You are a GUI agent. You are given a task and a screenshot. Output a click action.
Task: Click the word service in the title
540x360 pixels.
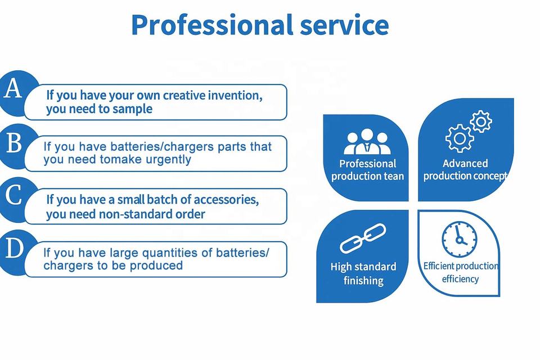344,25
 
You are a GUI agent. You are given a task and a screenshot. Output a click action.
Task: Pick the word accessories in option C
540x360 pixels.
226,200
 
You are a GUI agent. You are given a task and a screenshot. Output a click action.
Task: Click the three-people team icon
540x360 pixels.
367,142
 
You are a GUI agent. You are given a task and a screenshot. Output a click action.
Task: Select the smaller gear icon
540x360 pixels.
481,121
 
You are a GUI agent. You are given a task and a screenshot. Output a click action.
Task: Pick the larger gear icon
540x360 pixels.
460,138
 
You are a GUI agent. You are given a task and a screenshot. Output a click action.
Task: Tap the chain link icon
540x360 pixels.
363,238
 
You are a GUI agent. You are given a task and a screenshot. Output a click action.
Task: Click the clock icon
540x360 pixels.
460,240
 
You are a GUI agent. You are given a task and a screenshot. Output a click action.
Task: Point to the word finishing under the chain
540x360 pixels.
363,281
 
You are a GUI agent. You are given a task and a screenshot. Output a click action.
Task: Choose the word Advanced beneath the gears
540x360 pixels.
465,163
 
